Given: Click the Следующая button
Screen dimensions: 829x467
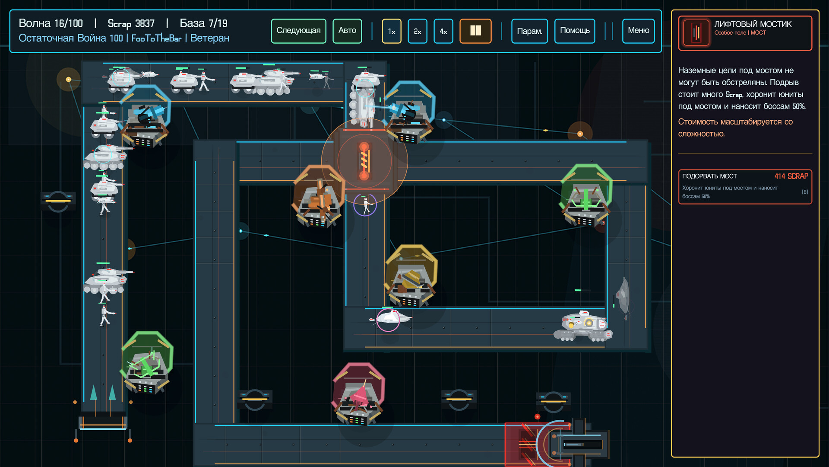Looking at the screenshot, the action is pos(298,31).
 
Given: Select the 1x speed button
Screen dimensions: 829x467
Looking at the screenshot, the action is pos(392,31).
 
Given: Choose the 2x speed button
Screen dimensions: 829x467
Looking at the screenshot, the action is pos(418,31).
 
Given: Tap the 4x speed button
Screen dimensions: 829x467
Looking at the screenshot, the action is pos(443,31).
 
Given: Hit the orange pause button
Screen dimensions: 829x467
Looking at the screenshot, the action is pos(475,31).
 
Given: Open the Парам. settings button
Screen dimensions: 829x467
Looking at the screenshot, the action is pos(529,31).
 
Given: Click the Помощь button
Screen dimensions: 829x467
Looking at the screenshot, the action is pos(575,31).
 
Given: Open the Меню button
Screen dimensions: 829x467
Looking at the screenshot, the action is pos(639,31).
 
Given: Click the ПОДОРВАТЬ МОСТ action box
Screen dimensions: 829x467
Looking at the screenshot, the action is pos(745,186).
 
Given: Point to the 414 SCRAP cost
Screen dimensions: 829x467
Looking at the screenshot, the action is pos(791,176).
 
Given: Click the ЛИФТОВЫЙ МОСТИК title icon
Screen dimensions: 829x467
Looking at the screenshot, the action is pos(696,32).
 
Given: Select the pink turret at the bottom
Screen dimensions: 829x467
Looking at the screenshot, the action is pos(358,393).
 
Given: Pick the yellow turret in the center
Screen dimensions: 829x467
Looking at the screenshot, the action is pos(411,276).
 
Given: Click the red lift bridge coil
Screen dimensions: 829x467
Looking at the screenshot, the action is pos(364,161).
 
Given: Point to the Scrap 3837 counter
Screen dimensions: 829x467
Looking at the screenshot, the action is pos(131,23).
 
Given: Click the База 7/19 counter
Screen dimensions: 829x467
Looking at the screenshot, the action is pos(203,23).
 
